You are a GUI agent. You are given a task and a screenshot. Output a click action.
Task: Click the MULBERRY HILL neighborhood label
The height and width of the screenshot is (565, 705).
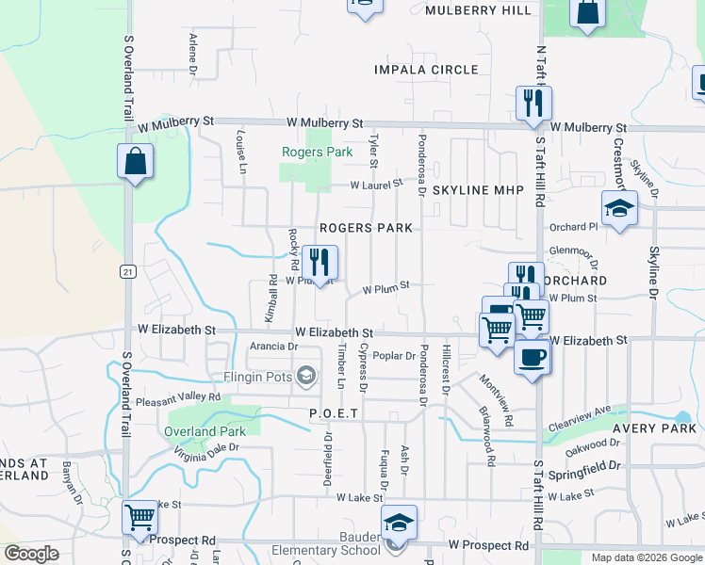coord(478,10)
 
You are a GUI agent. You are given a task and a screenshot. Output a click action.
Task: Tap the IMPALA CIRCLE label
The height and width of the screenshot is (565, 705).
coord(426,71)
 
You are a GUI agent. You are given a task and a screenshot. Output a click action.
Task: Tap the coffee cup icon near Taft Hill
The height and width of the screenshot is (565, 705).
coord(533,357)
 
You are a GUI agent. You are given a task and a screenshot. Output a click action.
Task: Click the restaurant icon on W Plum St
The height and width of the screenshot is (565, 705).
coord(320,262)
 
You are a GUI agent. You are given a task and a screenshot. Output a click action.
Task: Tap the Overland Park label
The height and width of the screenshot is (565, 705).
coord(205,432)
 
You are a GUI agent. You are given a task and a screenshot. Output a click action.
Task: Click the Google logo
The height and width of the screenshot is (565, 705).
coord(31,554)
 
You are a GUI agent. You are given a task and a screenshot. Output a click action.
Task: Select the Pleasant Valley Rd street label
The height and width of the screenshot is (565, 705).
coord(178,398)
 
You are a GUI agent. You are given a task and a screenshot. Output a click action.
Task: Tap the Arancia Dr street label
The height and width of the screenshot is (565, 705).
coord(274,347)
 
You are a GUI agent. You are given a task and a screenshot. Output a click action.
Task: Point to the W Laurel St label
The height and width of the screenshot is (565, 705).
coord(376,185)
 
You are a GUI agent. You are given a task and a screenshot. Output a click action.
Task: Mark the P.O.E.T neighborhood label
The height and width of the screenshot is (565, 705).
coord(334,414)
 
